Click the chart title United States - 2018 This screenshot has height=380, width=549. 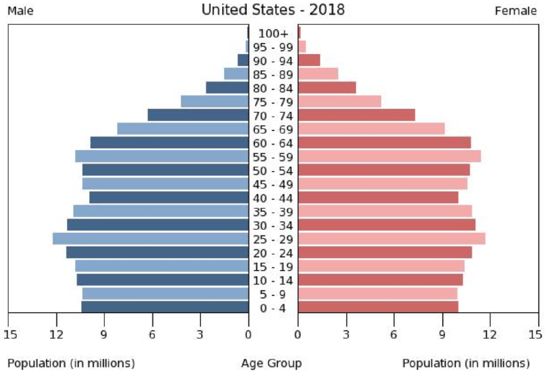pyautogui.click(x=273, y=10)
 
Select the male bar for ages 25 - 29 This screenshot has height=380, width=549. pyautogui.click(x=150, y=239)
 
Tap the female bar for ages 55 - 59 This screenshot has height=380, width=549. pyautogui.click(x=389, y=157)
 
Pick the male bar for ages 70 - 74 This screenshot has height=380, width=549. pyautogui.click(x=198, y=115)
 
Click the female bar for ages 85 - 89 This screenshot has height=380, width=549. pyautogui.click(x=318, y=74)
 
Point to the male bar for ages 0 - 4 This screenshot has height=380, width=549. pyautogui.click(x=164, y=307)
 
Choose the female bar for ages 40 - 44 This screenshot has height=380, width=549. pyautogui.click(x=378, y=198)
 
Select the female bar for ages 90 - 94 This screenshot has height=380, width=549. pyautogui.click(x=309, y=60)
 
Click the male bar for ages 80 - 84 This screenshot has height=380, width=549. pyautogui.click(x=227, y=87)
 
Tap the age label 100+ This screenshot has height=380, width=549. pyautogui.click(x=273, y=34)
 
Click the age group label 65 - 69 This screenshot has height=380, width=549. pyautogui.click(x=273, y=130)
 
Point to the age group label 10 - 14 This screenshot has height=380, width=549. pyautogui.click(x=273, y=280)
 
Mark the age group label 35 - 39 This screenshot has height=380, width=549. pyautogui.click(x=273, y=212)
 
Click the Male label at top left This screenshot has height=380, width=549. pyautogui.click(x=20, y=11)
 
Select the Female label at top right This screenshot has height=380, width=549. pyautogui.click(x=516, y=11)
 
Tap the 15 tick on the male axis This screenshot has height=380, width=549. pyautogui.click(x=8, y=334)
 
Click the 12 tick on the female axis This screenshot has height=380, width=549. pyautogui.click(x=490, y=334)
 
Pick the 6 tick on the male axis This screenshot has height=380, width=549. pyautogui.click(x=152, y=334)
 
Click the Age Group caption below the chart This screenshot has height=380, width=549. pyautogui.click(x=271, y=363)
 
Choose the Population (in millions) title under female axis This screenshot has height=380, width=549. pyautogui.click(x=466, y=363)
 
